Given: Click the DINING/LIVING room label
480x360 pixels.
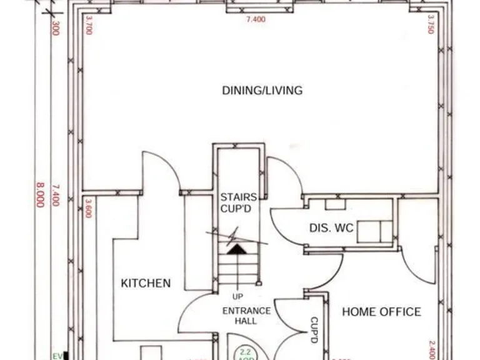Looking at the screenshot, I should point(262,90).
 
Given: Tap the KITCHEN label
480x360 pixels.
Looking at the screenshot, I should point(145,283).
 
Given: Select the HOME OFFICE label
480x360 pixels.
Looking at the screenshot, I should point(381,311).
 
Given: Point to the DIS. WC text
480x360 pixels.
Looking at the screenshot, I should point(331,229).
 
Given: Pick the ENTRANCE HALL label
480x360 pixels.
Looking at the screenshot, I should point(246,316).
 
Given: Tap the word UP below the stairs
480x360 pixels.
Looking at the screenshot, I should point(237,296).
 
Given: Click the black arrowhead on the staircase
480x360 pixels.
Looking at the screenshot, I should point(237,249).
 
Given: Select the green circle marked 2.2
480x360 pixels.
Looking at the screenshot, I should point(245,354).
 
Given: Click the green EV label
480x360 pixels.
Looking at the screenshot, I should point(57,356).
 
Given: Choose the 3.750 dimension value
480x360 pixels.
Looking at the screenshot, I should point(430,24).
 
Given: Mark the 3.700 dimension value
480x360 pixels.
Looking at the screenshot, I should point(88,25).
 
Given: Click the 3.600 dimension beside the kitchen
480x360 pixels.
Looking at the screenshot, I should point(88,208).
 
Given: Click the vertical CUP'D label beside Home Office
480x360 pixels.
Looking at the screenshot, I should point(314,330).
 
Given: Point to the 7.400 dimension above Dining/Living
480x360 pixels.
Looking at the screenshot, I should point(256,19).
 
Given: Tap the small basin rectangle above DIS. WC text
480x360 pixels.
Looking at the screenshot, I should point(335,204).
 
